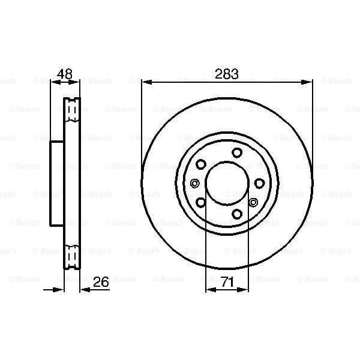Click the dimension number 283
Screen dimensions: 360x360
point(227,75)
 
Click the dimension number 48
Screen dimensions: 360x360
point(64,75)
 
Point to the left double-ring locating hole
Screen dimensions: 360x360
point(193,183)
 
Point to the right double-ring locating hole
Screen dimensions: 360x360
point(253,202)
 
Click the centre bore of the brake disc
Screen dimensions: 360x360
point(227,182)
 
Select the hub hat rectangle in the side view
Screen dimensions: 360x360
point(57,183)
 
